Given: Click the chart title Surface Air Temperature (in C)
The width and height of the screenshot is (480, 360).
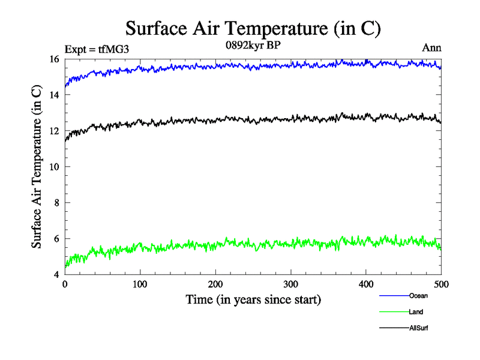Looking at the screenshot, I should tap(253, 28).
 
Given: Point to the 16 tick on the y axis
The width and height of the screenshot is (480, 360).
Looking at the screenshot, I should tap(54, 59).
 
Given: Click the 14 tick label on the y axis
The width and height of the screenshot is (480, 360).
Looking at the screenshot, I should tap(54, 95).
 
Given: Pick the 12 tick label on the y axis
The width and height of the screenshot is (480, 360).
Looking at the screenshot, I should tap(54, 131).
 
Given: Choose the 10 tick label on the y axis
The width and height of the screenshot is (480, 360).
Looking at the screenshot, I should tap(54, 167).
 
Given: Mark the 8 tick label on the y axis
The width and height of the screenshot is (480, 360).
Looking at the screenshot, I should tap(56, 203).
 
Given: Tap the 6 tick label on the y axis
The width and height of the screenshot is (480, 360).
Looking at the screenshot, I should tap(56, 239).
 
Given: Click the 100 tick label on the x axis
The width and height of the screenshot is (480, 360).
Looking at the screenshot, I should tap(140, 284).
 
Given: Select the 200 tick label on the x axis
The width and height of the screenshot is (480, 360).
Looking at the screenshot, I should tap(215, 284).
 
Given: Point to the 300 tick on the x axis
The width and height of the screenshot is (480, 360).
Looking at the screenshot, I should tap(291, 284).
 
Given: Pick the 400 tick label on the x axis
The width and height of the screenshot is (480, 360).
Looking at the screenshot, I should tap(366, 284).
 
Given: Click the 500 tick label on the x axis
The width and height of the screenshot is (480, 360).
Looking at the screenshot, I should tap(441, 284).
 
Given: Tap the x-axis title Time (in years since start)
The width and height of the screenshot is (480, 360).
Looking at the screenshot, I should tap(253, 299).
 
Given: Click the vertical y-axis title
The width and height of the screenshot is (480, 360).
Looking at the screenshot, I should tap(37, 167).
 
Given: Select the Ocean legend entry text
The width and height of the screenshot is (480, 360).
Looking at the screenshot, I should tap(418, 296).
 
